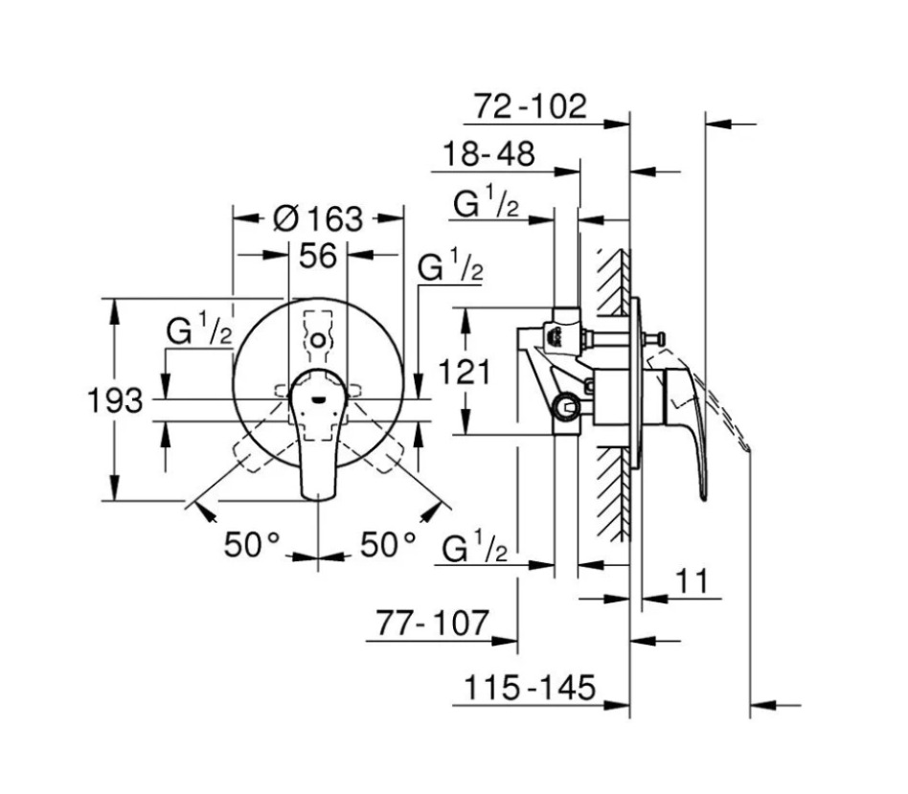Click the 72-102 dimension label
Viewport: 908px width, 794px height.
[531, 106]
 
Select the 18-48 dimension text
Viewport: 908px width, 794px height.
[488, 154]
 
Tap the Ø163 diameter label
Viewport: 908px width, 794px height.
[318, 218]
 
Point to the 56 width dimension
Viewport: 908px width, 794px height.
[318, 256]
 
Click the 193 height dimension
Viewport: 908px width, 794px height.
[115, 400]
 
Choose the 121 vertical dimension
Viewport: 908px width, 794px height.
[465, 372]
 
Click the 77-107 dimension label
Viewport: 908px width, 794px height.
[433, 624]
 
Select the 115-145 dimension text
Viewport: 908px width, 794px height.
[530, 688]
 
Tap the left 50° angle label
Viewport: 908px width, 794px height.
[252, 544]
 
